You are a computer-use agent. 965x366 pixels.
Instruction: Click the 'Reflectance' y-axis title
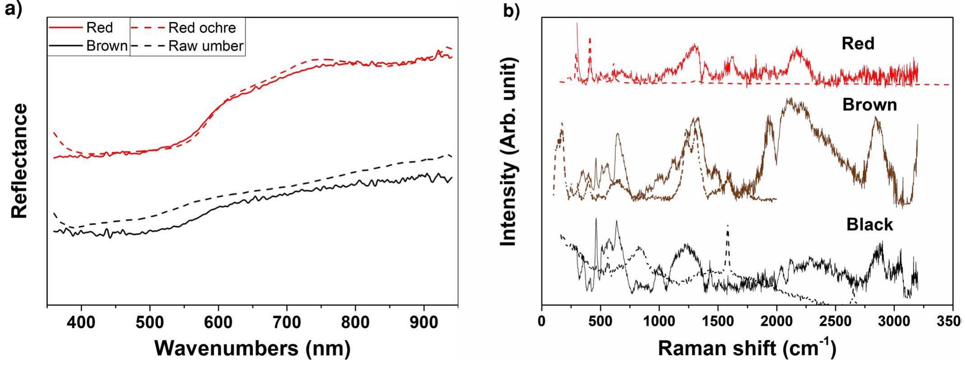(20, 161)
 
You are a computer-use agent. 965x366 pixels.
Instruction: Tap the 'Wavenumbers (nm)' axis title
(252, 348)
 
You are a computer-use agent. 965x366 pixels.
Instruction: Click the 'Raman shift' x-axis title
(747, 348)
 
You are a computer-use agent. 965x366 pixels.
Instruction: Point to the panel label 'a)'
(14, 9)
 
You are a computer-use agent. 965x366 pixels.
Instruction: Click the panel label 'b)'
(511, 11)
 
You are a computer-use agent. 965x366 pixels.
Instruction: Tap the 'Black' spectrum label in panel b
(869, 224)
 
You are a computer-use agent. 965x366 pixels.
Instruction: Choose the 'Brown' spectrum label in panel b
(869, 105)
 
